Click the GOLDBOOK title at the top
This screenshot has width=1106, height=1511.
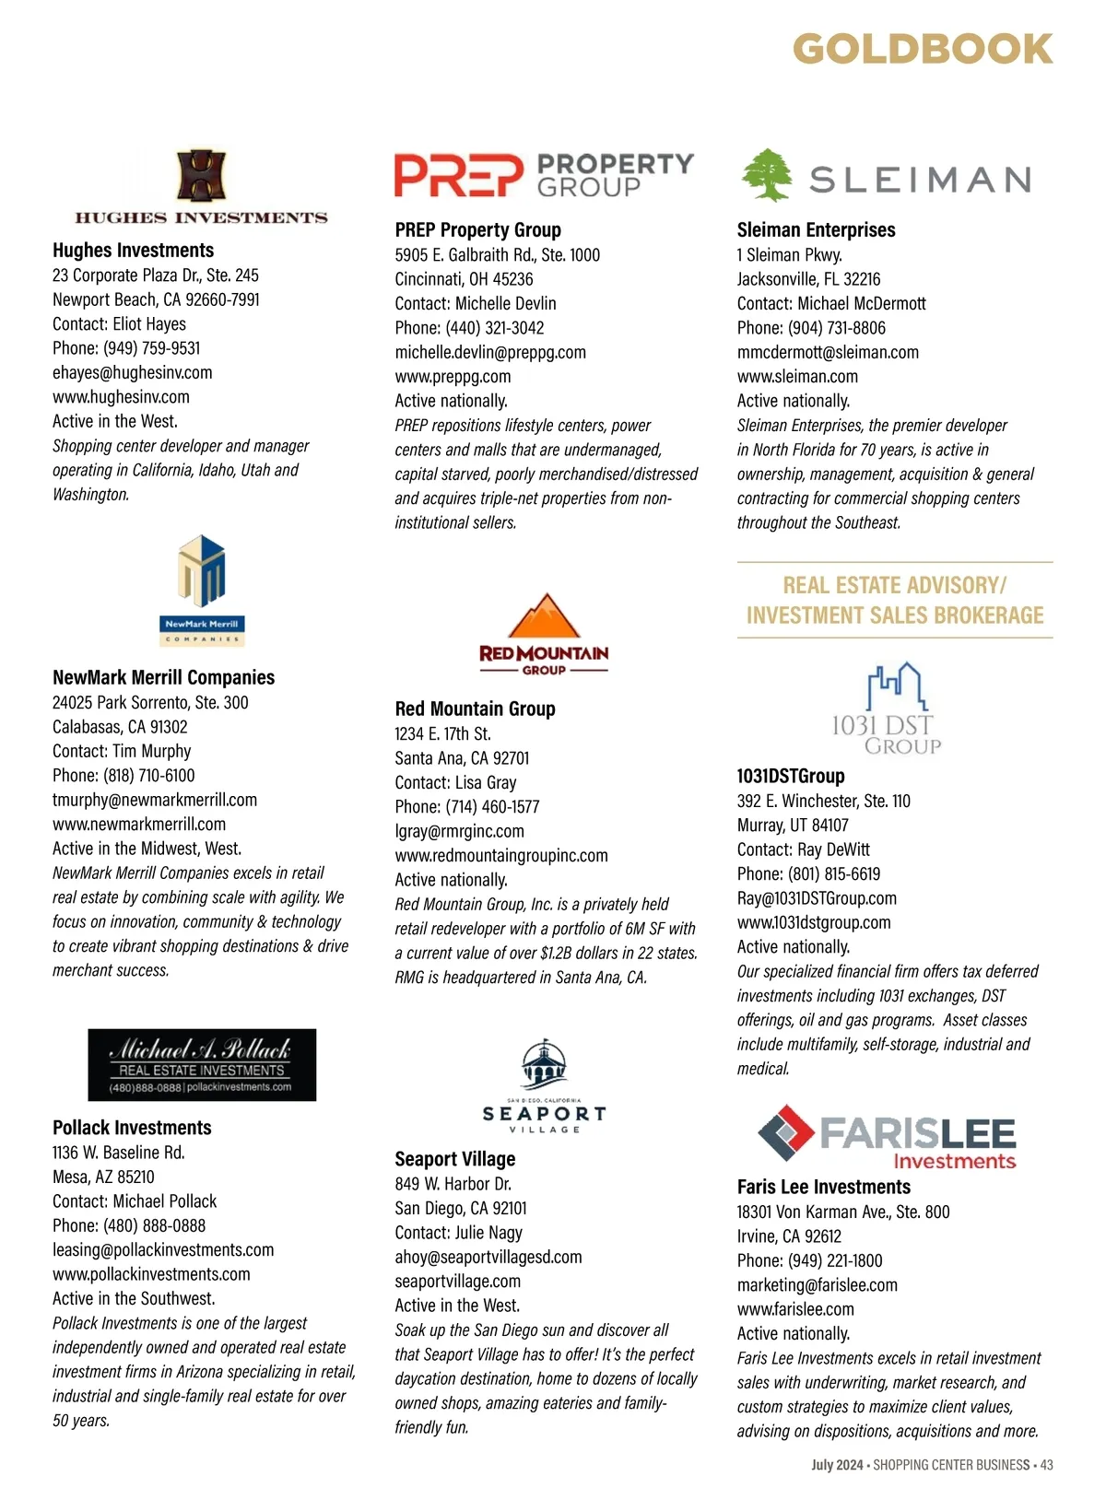coord(922,49)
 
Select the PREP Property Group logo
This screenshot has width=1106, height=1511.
coord(544,175)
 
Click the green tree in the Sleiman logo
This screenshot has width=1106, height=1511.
coord(767,174)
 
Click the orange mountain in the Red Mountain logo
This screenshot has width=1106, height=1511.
coord(544,616)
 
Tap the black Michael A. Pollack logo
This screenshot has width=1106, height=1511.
coord(202,1064)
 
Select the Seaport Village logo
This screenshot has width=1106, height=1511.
coord(544,1087)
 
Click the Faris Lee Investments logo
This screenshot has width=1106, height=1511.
coord(887,1137)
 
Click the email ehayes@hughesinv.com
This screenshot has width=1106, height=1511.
coord(133,372)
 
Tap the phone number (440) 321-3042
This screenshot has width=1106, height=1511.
coord(494,328)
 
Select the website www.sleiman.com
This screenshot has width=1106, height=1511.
coord(797,376)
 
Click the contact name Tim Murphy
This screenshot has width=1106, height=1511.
coord(152,751)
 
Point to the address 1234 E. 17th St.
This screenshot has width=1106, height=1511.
coord(443,734)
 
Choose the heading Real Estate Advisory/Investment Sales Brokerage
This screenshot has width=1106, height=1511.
coord(895,600)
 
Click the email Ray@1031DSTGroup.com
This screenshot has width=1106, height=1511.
coord(817,898)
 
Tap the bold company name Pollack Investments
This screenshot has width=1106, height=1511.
coord(132,1128)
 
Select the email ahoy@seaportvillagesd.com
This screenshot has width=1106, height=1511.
coord(488,1257)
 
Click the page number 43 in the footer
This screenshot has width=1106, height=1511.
coord(1046,1465)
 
